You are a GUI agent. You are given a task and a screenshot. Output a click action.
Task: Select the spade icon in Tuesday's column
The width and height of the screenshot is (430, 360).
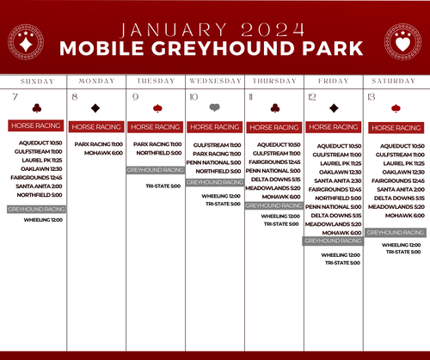(x=157, y=108)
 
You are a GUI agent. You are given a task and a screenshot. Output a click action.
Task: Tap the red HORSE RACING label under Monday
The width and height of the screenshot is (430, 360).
(x=95, y=126)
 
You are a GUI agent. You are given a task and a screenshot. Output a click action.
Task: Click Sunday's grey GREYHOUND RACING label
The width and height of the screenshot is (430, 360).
(x=36, y=209)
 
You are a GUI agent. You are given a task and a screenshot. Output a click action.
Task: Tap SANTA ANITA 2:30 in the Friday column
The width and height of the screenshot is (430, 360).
(x=336, y=180)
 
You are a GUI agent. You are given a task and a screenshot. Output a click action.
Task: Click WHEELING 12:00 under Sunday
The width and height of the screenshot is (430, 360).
(x=43, y=220)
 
